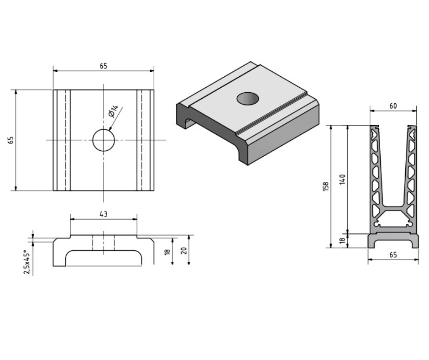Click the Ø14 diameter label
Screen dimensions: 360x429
pyautogui.click(x=114, y=111)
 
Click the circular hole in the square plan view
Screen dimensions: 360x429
pyautogui.click(x=104, y=140)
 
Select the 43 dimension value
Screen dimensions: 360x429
pyautogui.click(x=104, y=214)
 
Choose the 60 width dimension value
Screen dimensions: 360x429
pyautogui.click(x=393, y=106)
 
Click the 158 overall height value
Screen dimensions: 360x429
pyautogui.click(x=325, y=186)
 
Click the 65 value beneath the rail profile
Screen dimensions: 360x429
pyautogui.click(x=393, y=255)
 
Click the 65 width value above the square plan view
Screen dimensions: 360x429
pyautogui.click(x=104, y=66)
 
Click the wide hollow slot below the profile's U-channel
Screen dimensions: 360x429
pyautogui.click(x=393, y=224)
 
